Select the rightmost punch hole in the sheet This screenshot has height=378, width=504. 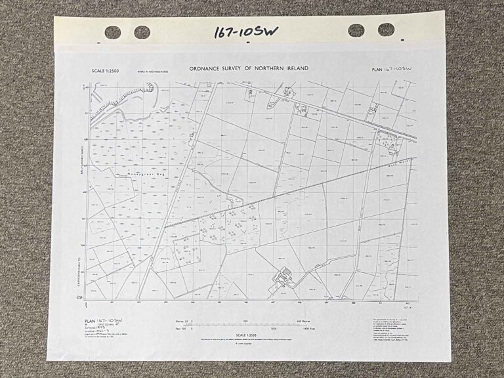pos(387,30)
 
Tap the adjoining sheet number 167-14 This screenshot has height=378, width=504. pos(408,305)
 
